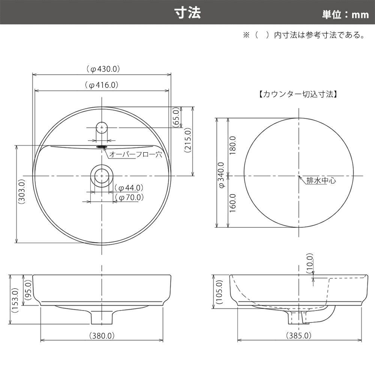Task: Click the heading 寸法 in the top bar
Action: (x=187, y=12)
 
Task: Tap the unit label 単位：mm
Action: (x=345, y=15)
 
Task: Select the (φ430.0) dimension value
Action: (x=102, y=69)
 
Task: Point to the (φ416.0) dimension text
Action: (x=102, y=85)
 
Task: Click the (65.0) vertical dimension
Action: (x=175, y=117)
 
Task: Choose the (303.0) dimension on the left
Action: (x=21, y=191)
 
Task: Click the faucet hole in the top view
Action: (x=102, y=127)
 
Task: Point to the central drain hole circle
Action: (x=102, y=175)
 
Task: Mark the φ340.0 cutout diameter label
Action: (x=222, y=175)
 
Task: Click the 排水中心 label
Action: (x=321, y=181)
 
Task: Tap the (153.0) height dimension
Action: (x=15, y=300)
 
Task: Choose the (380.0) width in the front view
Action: (x=102, y=336)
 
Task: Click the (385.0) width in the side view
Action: (x=299, y=336)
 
